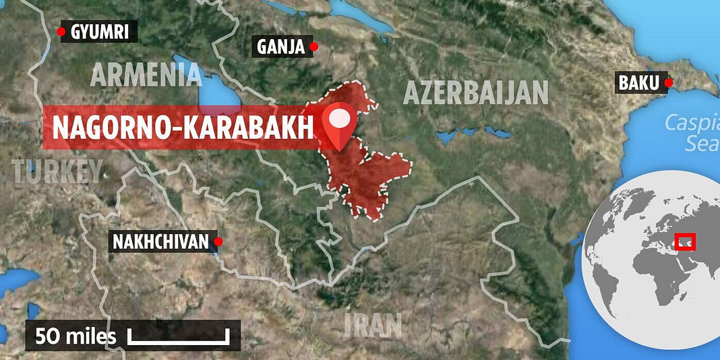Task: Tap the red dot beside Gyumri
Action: (62, 31)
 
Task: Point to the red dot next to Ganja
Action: (313, 47)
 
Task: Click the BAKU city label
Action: (638, 84)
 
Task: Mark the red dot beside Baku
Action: (668, 83)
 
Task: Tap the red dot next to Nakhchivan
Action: (218, 241)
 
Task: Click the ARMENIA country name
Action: (146, 76)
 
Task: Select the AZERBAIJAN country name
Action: (476, 92)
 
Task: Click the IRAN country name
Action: (373, 325)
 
